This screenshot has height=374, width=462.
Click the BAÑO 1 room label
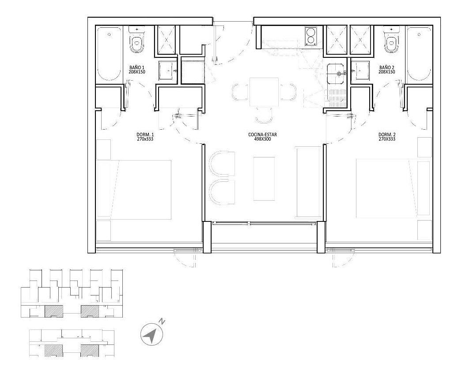coord(138,67)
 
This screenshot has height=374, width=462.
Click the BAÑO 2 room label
coord(387,67)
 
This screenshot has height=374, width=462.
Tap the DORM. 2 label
coord(386,134)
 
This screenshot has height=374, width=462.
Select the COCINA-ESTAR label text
coord(263,134)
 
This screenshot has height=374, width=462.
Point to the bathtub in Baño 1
coord(109,54)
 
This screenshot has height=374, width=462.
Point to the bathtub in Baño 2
coord(418,54)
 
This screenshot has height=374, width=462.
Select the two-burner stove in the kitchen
coord(311,36)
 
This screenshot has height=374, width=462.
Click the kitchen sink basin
coord(336,71)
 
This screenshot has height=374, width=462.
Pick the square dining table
coord(264,92)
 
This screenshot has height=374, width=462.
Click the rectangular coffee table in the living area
coord(264,178)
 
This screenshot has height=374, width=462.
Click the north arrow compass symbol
coord(151,335)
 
